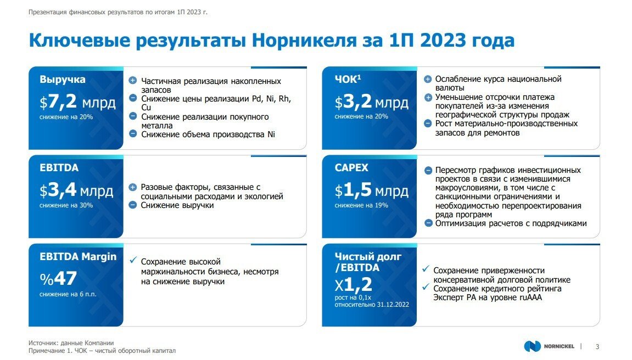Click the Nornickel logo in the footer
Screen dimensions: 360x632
549,346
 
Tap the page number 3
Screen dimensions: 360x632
597,346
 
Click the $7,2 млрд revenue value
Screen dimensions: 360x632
77,102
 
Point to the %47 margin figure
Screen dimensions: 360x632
58,278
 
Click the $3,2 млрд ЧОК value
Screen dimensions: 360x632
372,102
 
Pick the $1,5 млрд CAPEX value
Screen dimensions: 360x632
372,191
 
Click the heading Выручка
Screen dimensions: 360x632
63,80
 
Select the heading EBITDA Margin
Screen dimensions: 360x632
78,256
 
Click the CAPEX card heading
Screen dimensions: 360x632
351,168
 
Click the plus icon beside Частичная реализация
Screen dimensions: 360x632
132,81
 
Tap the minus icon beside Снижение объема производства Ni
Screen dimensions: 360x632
132,133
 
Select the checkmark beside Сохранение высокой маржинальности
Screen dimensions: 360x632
132,261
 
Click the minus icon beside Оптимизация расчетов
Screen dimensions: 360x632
428,223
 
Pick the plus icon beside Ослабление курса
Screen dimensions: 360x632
428,79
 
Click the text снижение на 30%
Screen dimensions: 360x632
66,205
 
